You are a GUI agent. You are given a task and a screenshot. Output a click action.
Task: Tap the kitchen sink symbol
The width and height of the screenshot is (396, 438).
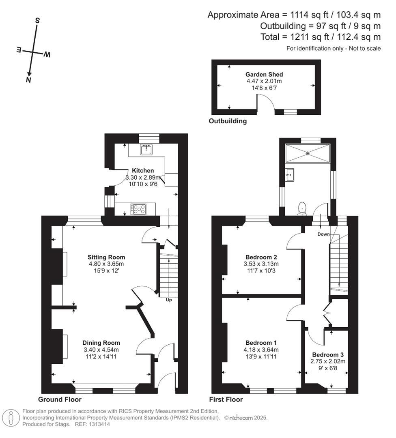pyautogui.click(x=146, y=150)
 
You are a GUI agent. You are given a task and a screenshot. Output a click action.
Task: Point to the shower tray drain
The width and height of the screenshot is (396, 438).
pyautogui.click(x=308, y=153)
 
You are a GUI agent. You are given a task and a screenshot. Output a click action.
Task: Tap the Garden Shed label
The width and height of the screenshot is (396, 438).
pyautogui.click(x=264, y=74)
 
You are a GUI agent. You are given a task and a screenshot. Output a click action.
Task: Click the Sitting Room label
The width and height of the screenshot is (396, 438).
pyautogui.click(x=106, y=257)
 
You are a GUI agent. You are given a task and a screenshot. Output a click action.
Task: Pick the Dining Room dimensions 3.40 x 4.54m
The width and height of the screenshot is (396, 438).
pyautogui.click(x=101, y=350)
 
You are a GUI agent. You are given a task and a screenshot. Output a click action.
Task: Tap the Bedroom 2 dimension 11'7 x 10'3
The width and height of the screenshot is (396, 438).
pyautogui.click(x=261, y=271)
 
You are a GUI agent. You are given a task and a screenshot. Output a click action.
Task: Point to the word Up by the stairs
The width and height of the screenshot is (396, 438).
pyautogui.click(x=168, y=300)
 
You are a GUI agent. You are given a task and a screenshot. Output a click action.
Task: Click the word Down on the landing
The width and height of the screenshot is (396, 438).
pyautogui.click(x=323, y=234)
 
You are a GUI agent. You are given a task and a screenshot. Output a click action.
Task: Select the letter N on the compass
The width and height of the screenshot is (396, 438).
pyautogui.click(x=28, y=80)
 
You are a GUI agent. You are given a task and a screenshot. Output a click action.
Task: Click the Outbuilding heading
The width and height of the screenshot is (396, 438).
pyautogui.click(x=228, y=121)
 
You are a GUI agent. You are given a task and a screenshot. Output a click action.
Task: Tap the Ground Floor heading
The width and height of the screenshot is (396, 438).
pyautogui.click(x=60, y=399)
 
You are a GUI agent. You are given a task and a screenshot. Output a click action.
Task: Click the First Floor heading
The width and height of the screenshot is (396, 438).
pyautogui.click(x=226, y=399)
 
